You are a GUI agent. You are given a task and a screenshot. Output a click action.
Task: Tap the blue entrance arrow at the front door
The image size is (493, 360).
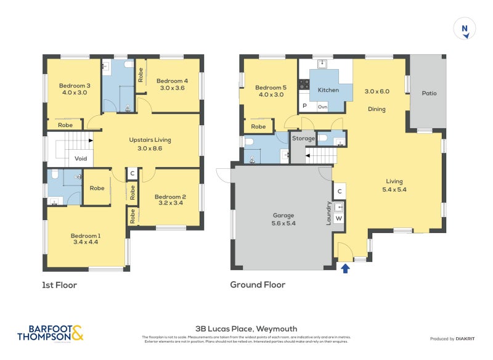[344, 268]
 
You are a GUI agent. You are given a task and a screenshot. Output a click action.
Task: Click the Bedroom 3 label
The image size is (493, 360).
[75, 86]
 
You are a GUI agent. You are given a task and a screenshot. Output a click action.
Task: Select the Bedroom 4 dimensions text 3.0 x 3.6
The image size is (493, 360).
[172, 88]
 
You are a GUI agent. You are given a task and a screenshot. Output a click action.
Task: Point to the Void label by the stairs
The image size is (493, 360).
[81, 158]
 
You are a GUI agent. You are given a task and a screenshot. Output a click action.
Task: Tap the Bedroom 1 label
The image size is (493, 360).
[86, 235]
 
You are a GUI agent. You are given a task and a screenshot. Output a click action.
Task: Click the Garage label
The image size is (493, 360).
[283, 216]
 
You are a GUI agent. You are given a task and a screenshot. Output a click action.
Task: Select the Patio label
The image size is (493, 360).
[429, 94]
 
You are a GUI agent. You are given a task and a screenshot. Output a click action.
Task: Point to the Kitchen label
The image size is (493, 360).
[328, 90]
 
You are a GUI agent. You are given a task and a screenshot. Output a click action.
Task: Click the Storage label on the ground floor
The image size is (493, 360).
[303, 139]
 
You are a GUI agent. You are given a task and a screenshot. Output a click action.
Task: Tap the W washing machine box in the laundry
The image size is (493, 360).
[339, 218]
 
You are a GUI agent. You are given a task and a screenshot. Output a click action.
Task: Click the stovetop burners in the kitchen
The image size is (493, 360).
[304, 85]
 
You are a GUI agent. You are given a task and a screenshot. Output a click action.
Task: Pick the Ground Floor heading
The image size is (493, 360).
[258, 285]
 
